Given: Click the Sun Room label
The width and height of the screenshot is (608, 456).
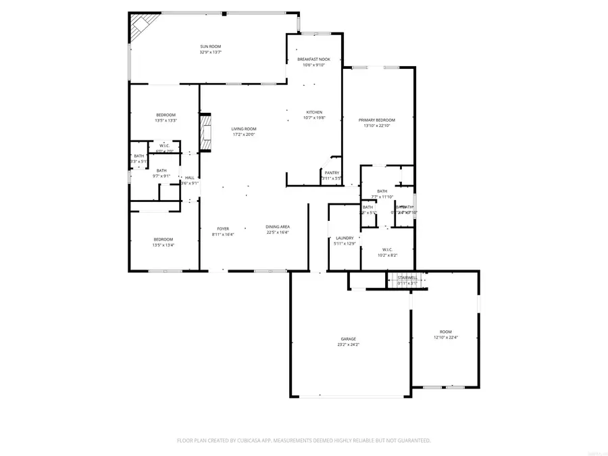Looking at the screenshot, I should tap(211, 46).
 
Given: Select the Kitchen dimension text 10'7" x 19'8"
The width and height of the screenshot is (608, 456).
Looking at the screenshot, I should tap(314, 118).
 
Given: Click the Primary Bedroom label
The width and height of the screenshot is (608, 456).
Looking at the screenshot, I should tap(376, 120).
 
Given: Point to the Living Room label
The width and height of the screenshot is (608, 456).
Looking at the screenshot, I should tap(243, 128).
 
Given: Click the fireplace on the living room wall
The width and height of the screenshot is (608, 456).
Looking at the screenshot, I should tap(205, 133).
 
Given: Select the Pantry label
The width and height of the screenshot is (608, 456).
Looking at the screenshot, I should tap(332, 172).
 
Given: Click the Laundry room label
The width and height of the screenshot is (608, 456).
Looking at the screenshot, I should tap(345, 238).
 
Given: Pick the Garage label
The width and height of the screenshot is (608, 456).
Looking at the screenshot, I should tap(348, 339).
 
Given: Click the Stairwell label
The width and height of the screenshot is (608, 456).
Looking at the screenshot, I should tap(407, 278).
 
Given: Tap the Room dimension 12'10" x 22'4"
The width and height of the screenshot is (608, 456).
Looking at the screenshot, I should tap(445, 337).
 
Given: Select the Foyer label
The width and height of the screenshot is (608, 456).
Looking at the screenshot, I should tap(223, 228).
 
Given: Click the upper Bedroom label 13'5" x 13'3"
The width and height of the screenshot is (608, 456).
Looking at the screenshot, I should tap(166, 115).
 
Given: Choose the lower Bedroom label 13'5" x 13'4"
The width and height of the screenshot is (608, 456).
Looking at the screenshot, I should tap(163, 239).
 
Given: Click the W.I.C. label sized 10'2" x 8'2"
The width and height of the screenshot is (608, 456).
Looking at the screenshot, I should tap(387, 250).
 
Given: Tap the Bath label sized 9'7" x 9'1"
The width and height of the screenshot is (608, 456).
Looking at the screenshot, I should tap(161, 170).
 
